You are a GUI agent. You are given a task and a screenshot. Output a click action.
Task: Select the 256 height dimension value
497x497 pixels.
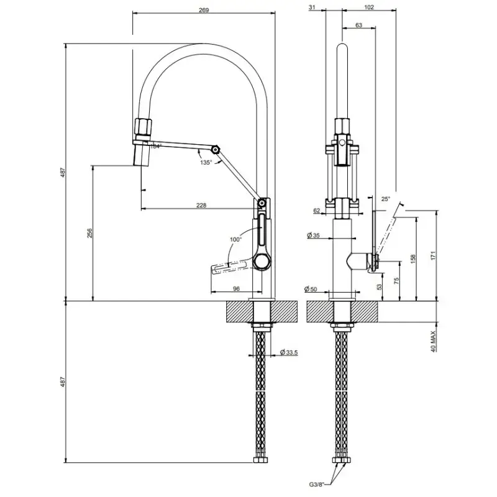click(89, 233)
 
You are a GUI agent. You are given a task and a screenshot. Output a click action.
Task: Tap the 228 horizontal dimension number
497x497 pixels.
click(201, 206)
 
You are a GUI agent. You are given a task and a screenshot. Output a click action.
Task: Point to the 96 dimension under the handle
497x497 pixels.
click(236, 288)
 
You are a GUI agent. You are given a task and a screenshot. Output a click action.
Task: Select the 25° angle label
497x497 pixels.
click(385, 199)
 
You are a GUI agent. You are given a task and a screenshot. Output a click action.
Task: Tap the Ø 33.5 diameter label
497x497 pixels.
click(290, 352)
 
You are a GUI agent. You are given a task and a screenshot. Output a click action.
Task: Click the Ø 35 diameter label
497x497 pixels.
click(313, 235)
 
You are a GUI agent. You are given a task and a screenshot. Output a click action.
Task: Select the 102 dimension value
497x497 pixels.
click(368, 7)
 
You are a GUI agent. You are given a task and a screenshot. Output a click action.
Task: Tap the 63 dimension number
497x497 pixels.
click(359, 25)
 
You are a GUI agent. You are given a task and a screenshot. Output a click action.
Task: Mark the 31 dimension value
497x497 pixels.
click(312, 7)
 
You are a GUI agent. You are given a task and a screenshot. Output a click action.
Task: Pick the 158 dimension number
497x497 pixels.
click(413, 259)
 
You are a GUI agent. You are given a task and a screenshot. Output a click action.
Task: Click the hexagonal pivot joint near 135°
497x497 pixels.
click(215, 150)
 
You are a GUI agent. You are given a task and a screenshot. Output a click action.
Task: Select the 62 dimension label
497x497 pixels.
click(317, 211)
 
